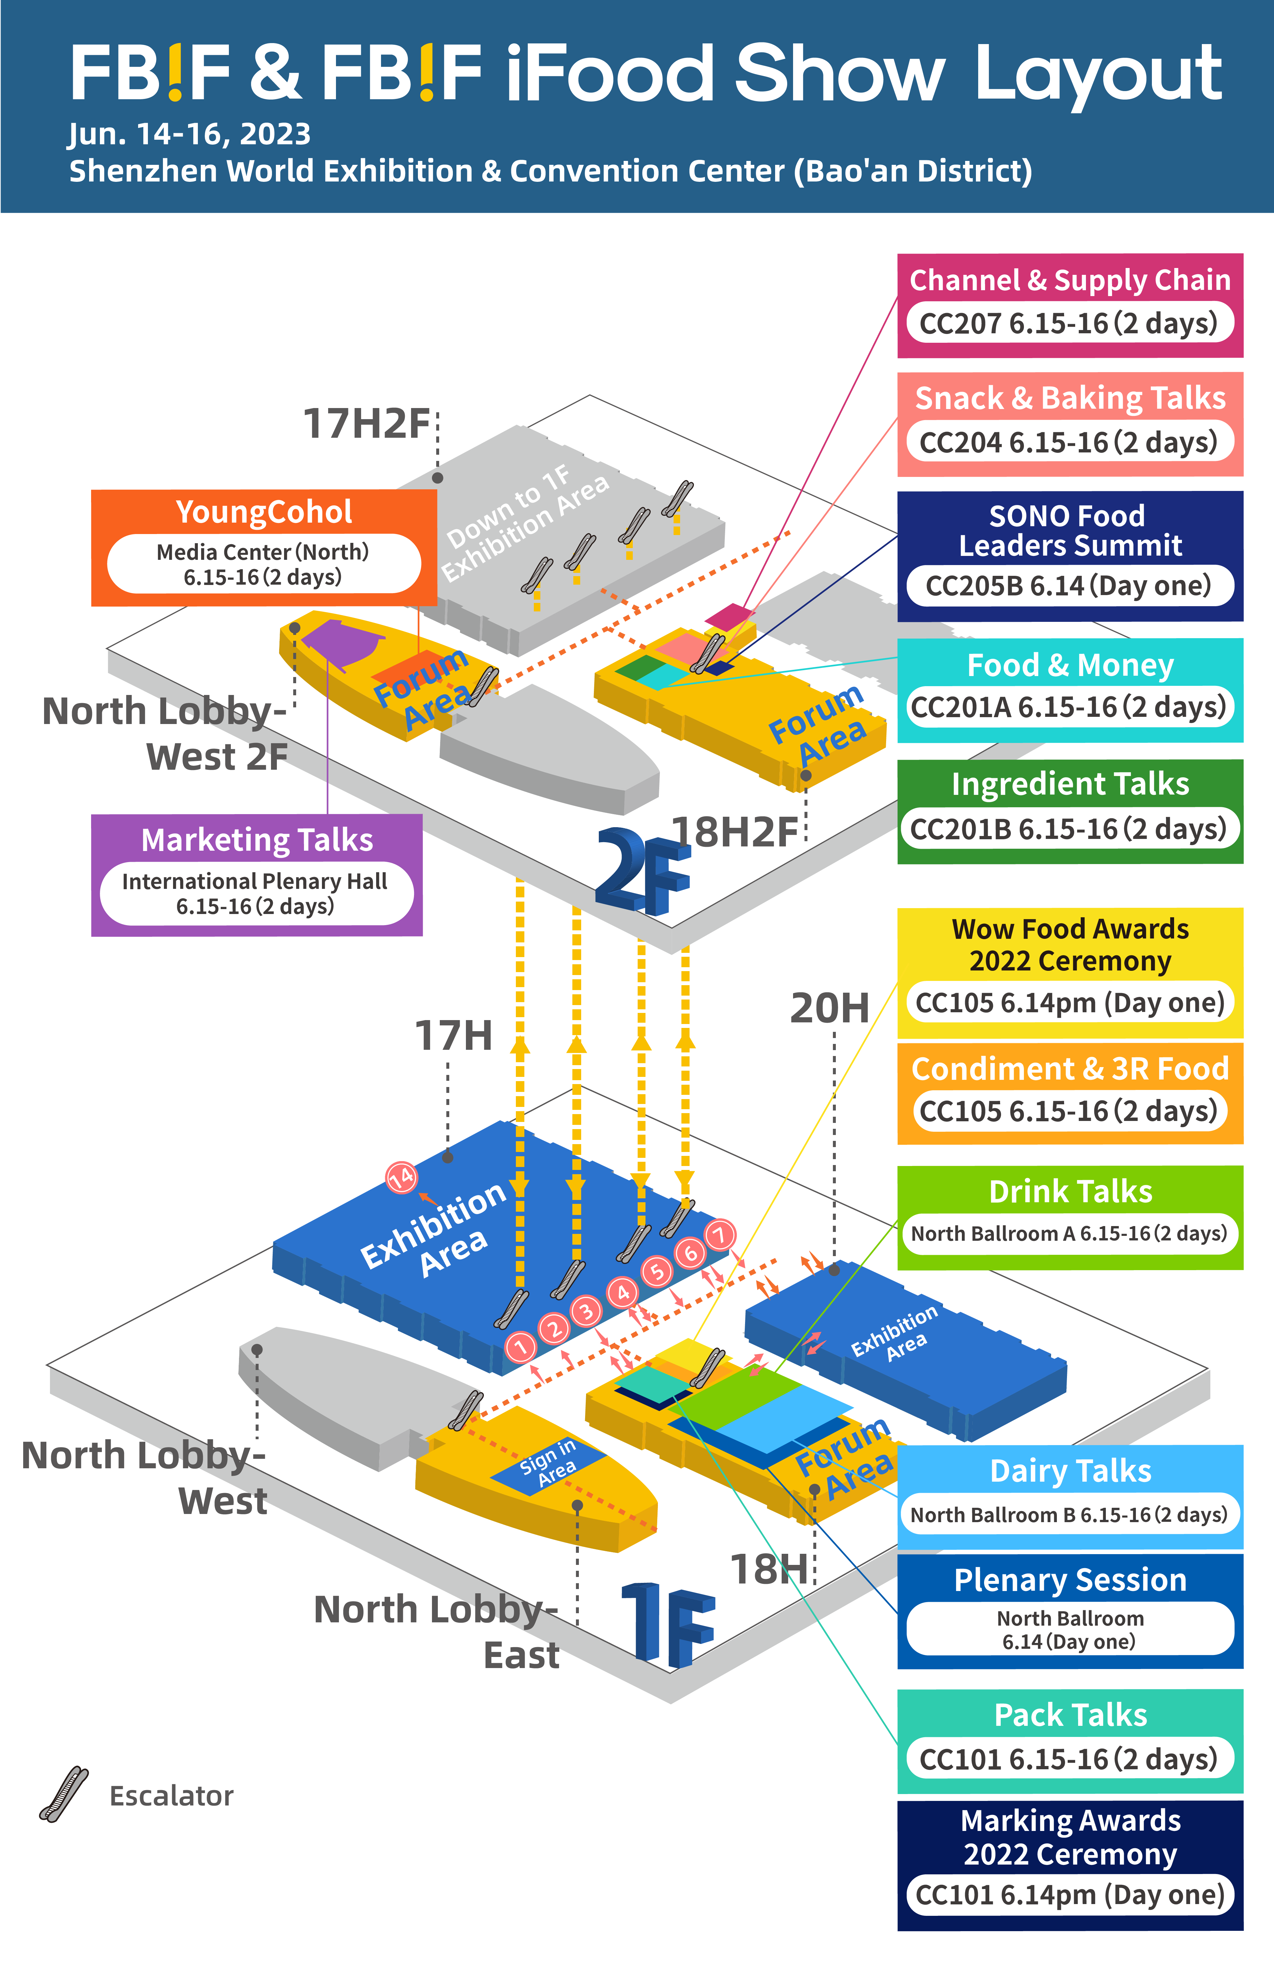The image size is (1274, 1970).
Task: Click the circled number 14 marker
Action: [401, 1176]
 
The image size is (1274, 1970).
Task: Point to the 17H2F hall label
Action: [366, 423]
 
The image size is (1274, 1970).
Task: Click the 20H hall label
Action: [830, 1008]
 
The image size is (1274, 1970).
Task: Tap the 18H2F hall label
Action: [735, 832]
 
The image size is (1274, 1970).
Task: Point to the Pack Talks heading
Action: [1070, 1714]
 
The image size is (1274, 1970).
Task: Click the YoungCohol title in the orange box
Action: [264, 512]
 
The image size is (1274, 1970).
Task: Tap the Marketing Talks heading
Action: [256, 840]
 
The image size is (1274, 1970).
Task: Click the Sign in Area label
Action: [548, 1464]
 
